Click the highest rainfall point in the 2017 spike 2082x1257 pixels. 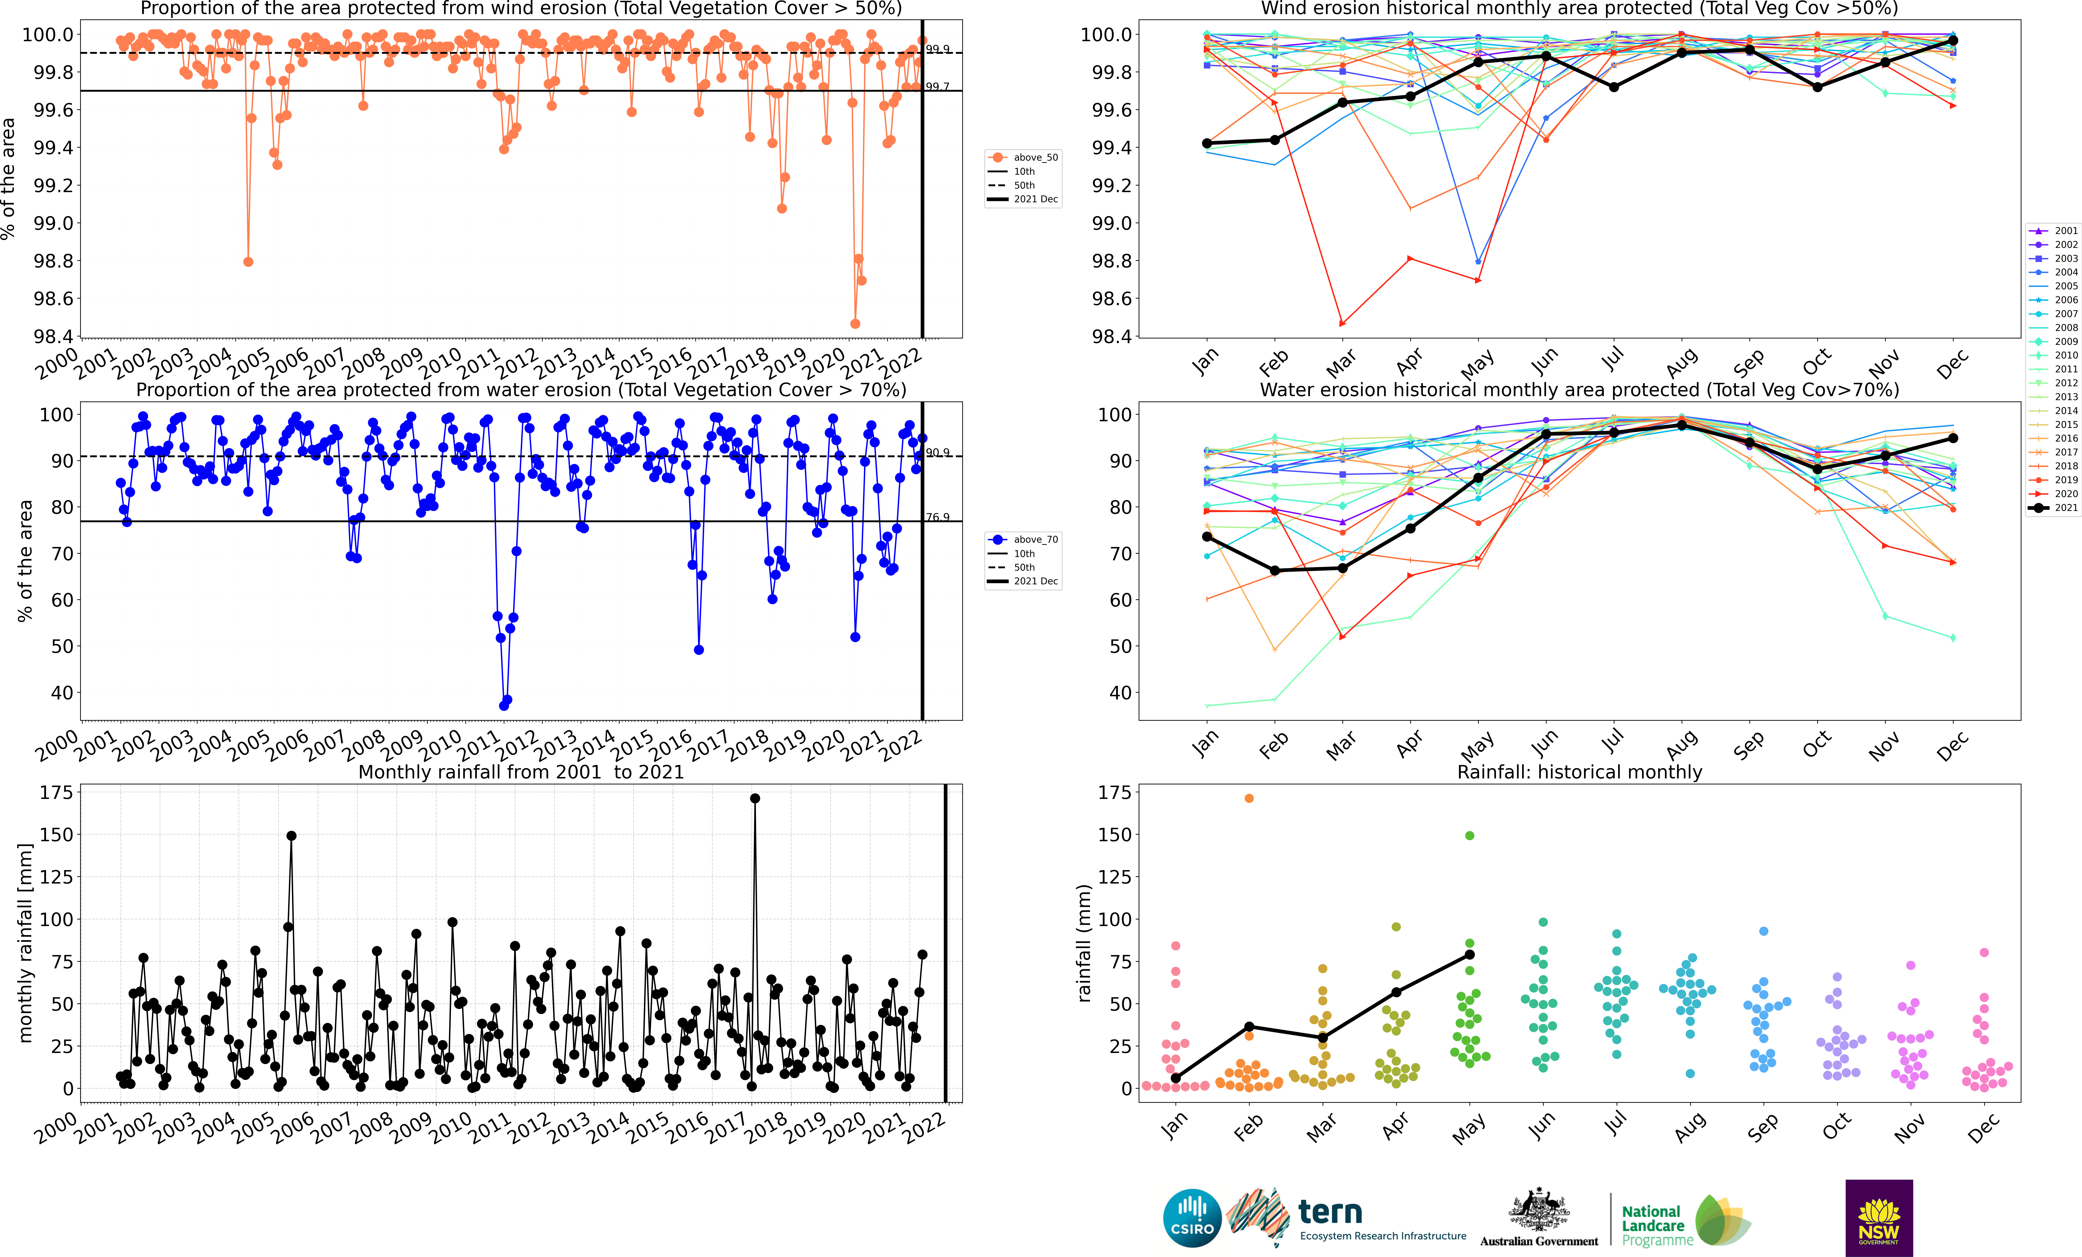755,798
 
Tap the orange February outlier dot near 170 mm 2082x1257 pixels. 1249,798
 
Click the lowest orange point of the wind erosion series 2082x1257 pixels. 855,324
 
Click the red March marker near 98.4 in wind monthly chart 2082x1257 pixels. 1342,323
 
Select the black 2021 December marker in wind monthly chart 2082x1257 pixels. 1953,41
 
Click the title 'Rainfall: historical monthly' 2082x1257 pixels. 1579,772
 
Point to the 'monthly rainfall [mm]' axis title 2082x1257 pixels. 25,943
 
